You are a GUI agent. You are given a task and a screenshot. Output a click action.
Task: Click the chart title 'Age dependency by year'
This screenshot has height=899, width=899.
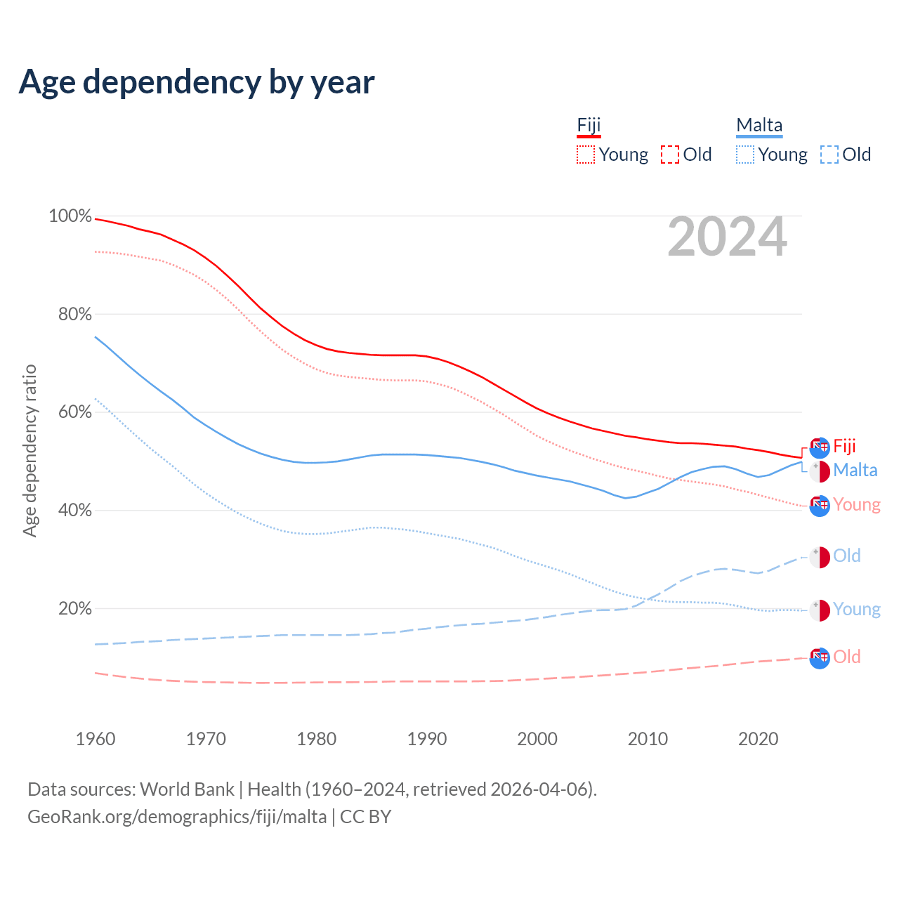coord(197,82)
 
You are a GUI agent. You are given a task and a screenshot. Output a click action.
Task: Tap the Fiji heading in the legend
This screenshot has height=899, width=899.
coord(589,126)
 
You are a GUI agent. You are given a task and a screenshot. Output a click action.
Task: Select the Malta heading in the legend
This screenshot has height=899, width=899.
coord(759,126)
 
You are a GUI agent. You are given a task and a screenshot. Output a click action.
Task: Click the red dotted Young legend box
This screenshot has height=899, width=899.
coord(586,155)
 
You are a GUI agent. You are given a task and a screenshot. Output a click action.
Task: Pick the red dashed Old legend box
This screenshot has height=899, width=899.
coord(670,155)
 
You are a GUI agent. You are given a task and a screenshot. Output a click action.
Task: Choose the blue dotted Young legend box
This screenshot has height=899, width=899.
coord(745,155)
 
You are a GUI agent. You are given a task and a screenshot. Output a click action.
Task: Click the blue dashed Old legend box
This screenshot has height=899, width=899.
coord(829,155)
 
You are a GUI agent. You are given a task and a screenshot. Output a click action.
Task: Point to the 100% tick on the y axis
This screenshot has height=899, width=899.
coord(70,216)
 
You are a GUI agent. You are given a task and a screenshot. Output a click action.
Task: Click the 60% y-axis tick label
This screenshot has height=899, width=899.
coord(74,412)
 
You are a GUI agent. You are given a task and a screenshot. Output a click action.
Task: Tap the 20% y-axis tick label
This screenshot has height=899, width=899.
coord(74,609)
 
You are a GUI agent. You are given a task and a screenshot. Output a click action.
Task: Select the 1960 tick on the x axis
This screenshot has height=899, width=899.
coord(96,739)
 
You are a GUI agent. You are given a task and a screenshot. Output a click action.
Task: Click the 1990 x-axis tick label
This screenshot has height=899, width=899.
coord(427,739)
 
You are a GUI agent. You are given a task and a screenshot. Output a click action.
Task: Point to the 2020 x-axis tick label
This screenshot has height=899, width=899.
coord(759,739)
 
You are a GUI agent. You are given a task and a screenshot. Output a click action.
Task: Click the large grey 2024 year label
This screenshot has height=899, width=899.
coord(727,237)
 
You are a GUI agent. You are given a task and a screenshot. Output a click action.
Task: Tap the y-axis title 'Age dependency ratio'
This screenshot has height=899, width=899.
coord(29,450)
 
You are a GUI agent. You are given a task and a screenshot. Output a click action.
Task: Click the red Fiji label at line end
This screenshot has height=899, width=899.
coord(844,447)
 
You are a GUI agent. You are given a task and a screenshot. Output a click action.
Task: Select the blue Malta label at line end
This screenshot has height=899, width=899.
coord(855,471)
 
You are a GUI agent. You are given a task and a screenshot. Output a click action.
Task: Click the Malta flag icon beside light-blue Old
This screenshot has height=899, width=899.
coord(820,557)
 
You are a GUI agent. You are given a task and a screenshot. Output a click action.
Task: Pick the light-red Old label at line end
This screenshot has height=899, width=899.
coord(846,657)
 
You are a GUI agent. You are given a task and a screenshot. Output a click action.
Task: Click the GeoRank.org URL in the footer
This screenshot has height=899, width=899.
coord(177,817)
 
